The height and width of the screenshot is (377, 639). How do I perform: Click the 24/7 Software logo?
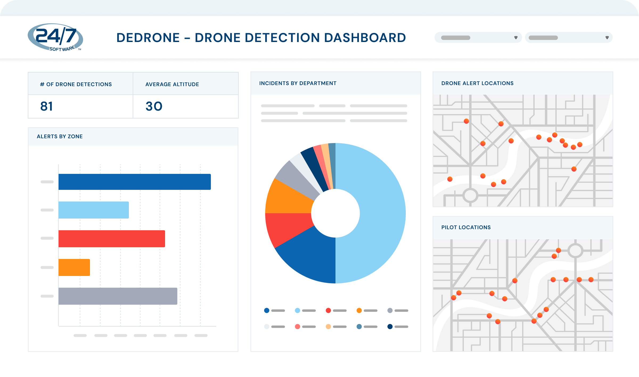click(55, 37)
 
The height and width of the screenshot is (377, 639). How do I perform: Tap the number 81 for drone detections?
click(47, 106)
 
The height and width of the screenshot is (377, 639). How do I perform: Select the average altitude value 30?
click(154, 106)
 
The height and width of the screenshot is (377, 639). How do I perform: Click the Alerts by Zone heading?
click(60, 136)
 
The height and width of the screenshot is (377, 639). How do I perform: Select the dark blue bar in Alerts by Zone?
click(134, 182)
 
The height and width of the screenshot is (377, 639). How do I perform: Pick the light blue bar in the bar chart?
click(93, 210)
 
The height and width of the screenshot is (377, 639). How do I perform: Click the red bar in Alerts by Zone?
click(112, 239)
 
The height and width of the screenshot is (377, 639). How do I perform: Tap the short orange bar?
click(74, 267)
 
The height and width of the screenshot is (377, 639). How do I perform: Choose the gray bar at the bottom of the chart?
click(118, 296)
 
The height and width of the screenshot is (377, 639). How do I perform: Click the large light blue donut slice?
click(378, 213)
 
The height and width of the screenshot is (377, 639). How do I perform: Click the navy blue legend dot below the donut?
click(390, 326)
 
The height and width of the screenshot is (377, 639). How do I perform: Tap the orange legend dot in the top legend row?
click(359, 311)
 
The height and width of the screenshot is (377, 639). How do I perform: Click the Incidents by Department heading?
click(298, 83)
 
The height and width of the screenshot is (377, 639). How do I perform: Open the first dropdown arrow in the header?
click(516, 38)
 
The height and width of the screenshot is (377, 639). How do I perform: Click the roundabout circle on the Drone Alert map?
click(470, 195)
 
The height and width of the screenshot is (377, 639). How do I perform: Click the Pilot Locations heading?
click(466, 227)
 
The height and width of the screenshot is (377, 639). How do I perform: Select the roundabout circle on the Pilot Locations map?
click(575, 250)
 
